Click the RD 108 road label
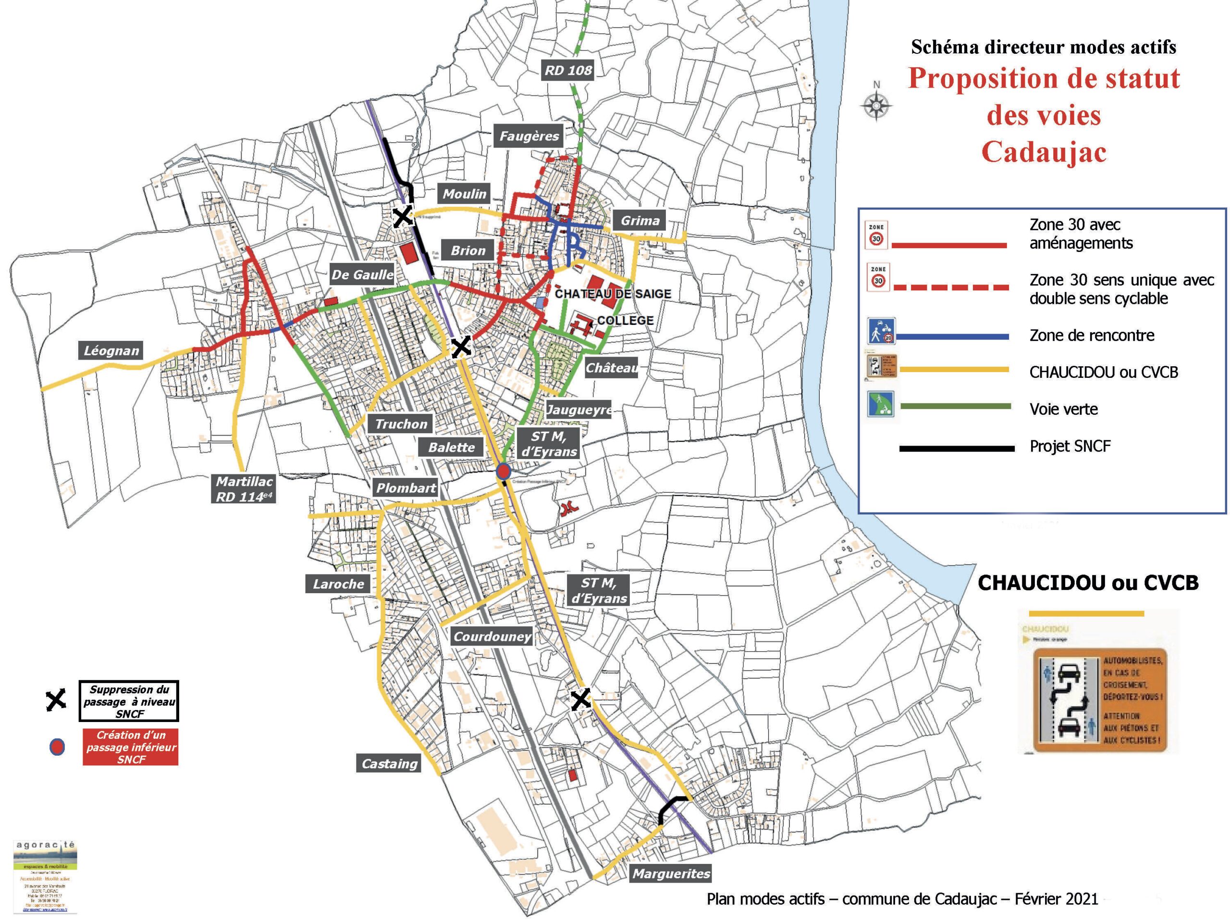point(568,71)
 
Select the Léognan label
point(111,350)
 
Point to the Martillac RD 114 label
point(244,489)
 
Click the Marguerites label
point(671,873)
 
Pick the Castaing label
point(389,763)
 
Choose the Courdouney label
point(492,636)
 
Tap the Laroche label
point(338,584)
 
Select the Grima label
point(640,221)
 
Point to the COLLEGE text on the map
point(625,321)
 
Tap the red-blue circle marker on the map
point(503,471)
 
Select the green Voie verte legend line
point(955,407)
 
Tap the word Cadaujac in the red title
point(1044,152)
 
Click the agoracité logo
point(45,877)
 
